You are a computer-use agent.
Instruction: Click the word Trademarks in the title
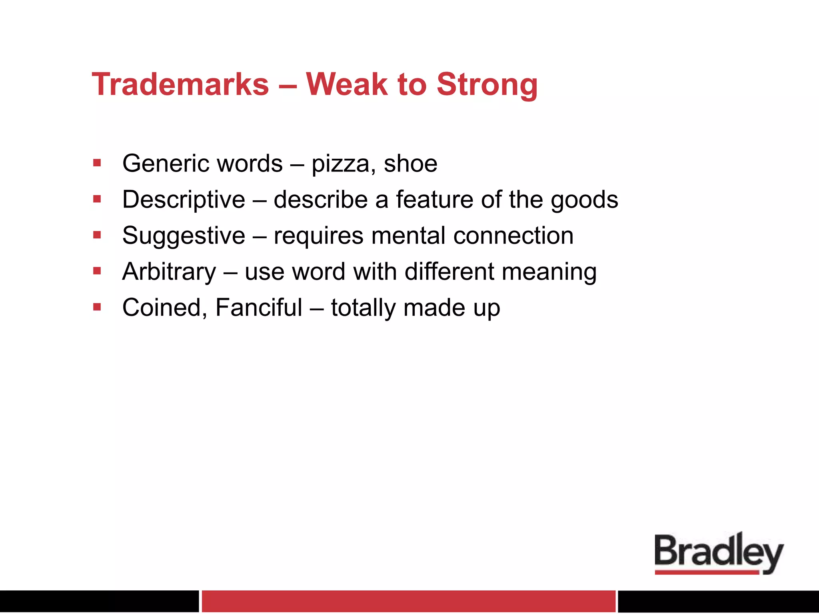(x=180, y=84)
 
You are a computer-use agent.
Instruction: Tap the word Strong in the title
(x=487, y=84)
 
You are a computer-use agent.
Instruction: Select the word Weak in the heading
(x=346, y=84)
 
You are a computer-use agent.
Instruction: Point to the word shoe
(x=410, y=164)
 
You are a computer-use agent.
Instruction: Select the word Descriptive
(x=184, y=200)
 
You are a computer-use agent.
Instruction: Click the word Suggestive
(x=184, y=236)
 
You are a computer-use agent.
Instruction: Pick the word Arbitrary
(x=169, y=272)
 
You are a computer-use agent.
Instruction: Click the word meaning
(x=549, y=272)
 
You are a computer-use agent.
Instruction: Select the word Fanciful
(x=258, y=307)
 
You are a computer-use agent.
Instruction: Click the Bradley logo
(x=719, y=554)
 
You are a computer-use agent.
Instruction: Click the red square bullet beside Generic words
(x=97, y=163)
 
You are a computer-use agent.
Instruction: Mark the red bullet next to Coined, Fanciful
(x=97, y=307)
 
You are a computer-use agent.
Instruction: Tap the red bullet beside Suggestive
(x=97, y=235)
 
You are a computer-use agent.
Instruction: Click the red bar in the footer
(x=408, y=601)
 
